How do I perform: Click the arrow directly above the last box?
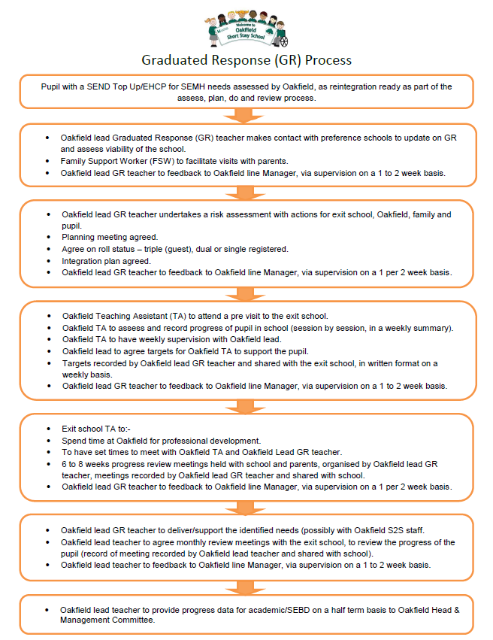246,588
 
